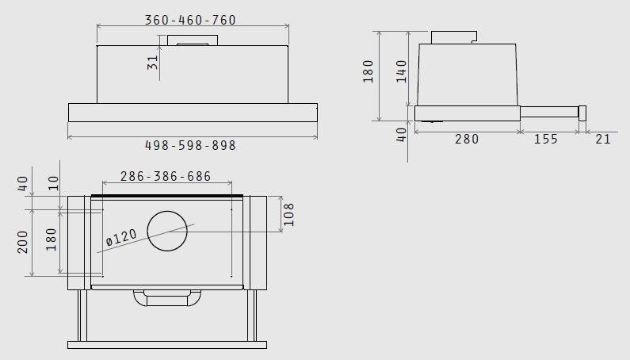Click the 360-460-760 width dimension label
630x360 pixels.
(190, 20)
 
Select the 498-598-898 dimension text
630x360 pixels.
(190, 145)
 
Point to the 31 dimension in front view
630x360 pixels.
(153, 63)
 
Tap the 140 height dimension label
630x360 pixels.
(402, 71)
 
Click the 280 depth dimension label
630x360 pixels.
(467, 140)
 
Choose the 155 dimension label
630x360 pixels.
(546, 140)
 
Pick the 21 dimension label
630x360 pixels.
(603, 140)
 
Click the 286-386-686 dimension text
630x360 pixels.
(166, 176)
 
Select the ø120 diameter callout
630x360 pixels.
(121, 237)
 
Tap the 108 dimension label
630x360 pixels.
(288, 214)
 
